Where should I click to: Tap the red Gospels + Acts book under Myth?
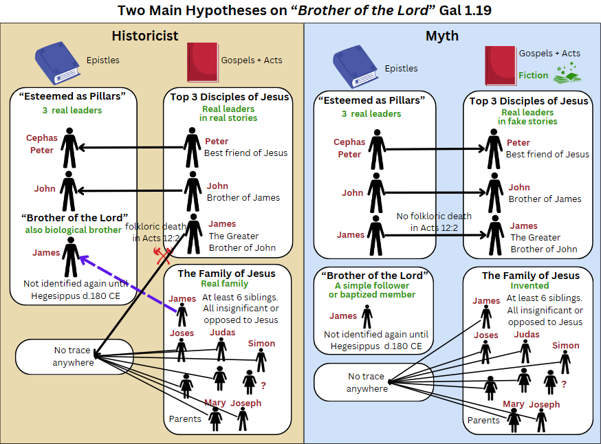coord(501,65)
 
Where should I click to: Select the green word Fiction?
coord(533,75)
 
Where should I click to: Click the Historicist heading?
coord(145,36)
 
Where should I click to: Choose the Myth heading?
coord(442,36)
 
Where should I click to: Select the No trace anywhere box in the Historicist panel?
coord(74,356)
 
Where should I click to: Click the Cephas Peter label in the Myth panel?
coord(349,148)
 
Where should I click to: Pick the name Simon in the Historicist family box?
coord(261,343)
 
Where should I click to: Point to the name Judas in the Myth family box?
coord(527,335)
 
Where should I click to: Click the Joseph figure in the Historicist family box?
coord(243,418)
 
